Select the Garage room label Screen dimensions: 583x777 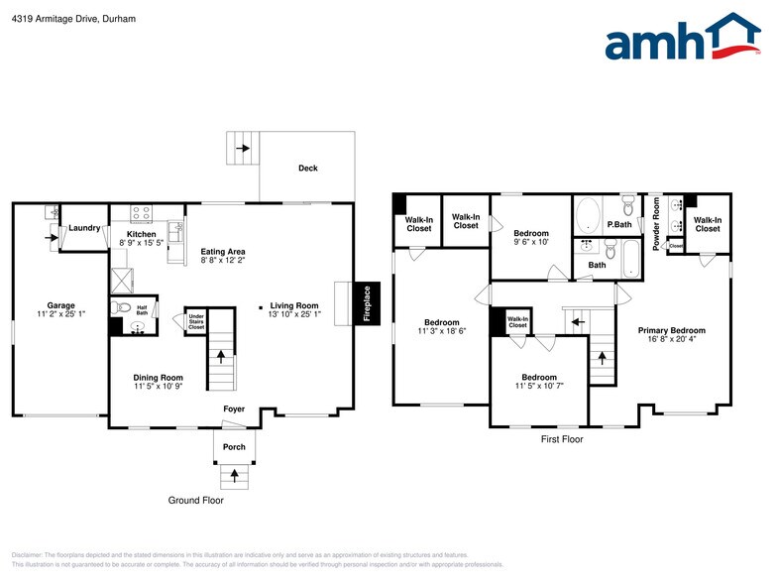coord(60,305)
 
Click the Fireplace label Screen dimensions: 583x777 coord(366,302)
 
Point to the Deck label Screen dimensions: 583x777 coord(308,169)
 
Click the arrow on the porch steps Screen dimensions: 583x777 coord(234,476)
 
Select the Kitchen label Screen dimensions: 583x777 coord(141,234)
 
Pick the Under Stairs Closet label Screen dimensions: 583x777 coord(196,320)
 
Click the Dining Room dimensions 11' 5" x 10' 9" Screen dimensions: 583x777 coord(159,388)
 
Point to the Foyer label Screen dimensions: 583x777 coord(234,408)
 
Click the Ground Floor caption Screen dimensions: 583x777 coord(195,501)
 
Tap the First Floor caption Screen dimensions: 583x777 coord(561,439)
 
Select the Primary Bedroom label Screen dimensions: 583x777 coord(671,331)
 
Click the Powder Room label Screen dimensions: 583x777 coord(656,223)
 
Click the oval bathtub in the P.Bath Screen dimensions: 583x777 coord(589,215)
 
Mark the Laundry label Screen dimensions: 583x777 coord(84,228)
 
